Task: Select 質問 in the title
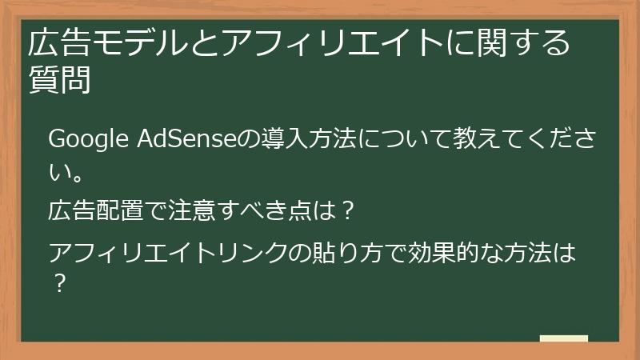(x=59, y=80)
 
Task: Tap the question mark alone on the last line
(x=58, y=283)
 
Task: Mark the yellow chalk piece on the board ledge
(x=564, y=339)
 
